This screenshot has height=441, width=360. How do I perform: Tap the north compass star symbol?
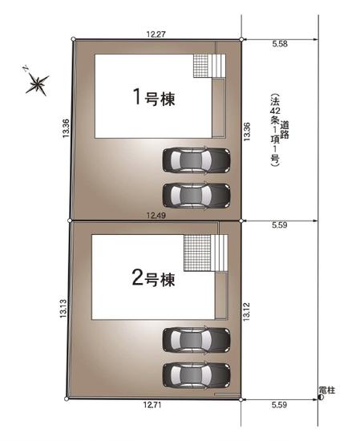[x=36, y=83]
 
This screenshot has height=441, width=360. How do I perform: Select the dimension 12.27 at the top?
[x=156, y=34]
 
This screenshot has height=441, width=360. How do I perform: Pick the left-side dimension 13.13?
[x=62, y=310]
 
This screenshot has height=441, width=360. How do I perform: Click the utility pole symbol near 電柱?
[x=321, y=397]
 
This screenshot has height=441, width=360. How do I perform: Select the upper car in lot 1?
[x=196, y=160]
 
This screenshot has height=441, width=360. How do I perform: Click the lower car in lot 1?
[x=196, y=194]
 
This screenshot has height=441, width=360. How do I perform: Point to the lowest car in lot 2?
[x=196, y=374]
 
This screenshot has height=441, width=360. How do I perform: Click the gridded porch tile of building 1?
[x=200, y=65]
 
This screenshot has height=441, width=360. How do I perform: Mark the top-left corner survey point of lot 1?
[x=73, y=38]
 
